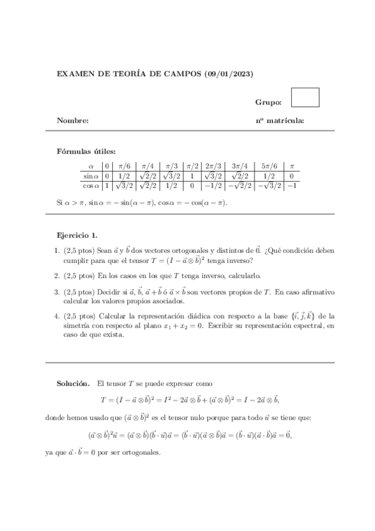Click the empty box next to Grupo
tap(306, 97)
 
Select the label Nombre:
tap(73, 120)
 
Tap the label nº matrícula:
tap(279, 120)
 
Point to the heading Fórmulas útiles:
tap(86, 151)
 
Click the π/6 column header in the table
tap(125, 166)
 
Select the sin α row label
tap(91, 176)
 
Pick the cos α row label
tap(91, 185)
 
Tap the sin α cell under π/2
tap(192, 176)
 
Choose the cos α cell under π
tap(291, 185)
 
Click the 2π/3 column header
tap(213, 166)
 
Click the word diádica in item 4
tap(195, 316)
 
